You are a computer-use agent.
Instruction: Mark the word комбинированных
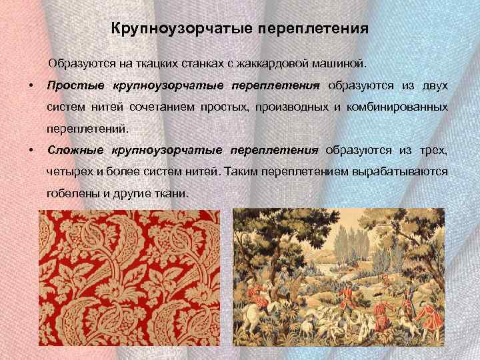(401, 107)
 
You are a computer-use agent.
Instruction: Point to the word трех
(435, 150)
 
